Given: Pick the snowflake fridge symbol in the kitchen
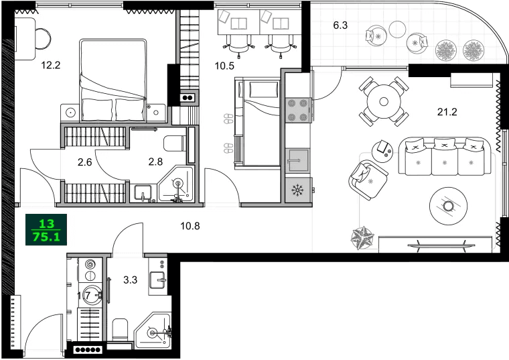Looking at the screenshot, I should point(296,190).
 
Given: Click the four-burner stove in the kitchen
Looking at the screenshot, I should point(297,111).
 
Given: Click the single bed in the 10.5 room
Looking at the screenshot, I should point(257,121).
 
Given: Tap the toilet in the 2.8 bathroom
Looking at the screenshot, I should point(175,143).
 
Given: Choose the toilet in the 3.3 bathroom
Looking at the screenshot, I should point(121,329).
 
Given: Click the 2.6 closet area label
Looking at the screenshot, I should point(85,161).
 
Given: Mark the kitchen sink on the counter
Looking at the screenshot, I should point(296,160).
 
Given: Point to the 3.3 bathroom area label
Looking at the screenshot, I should point(131,280).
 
